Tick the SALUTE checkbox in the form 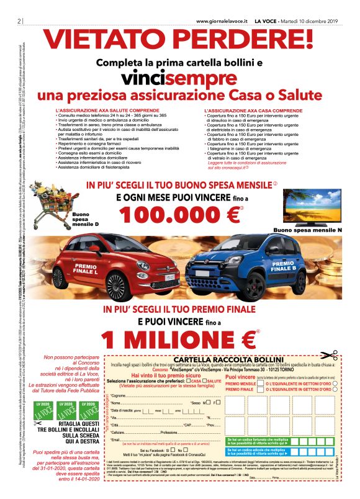click(x=207, y=380)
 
